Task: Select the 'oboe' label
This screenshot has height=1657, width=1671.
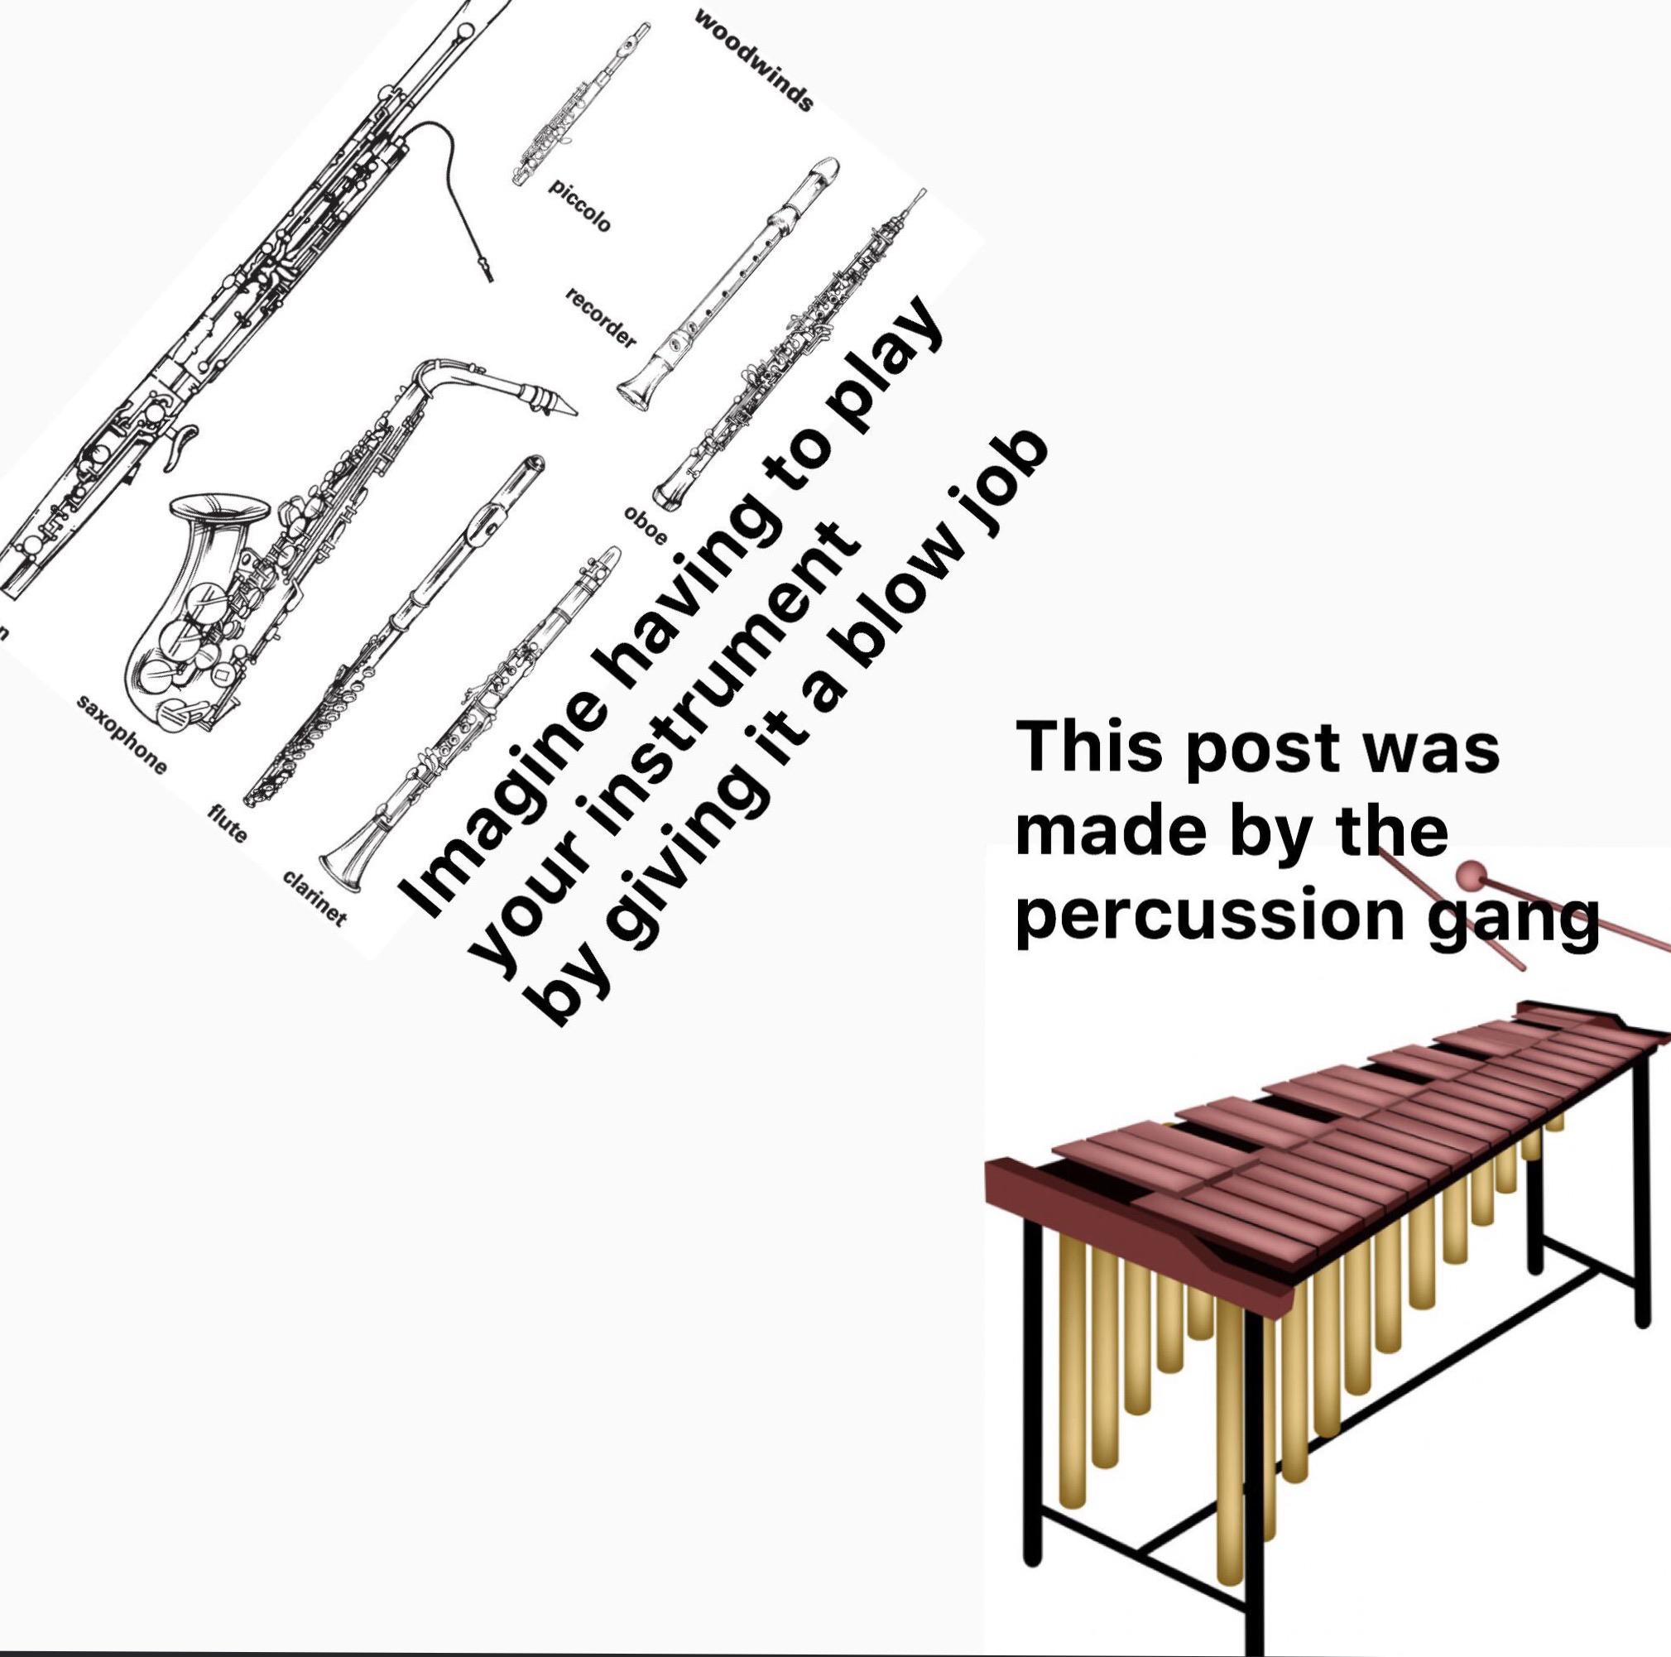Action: pos(646,526)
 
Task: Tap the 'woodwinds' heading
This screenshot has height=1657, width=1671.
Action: pos(753,62)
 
